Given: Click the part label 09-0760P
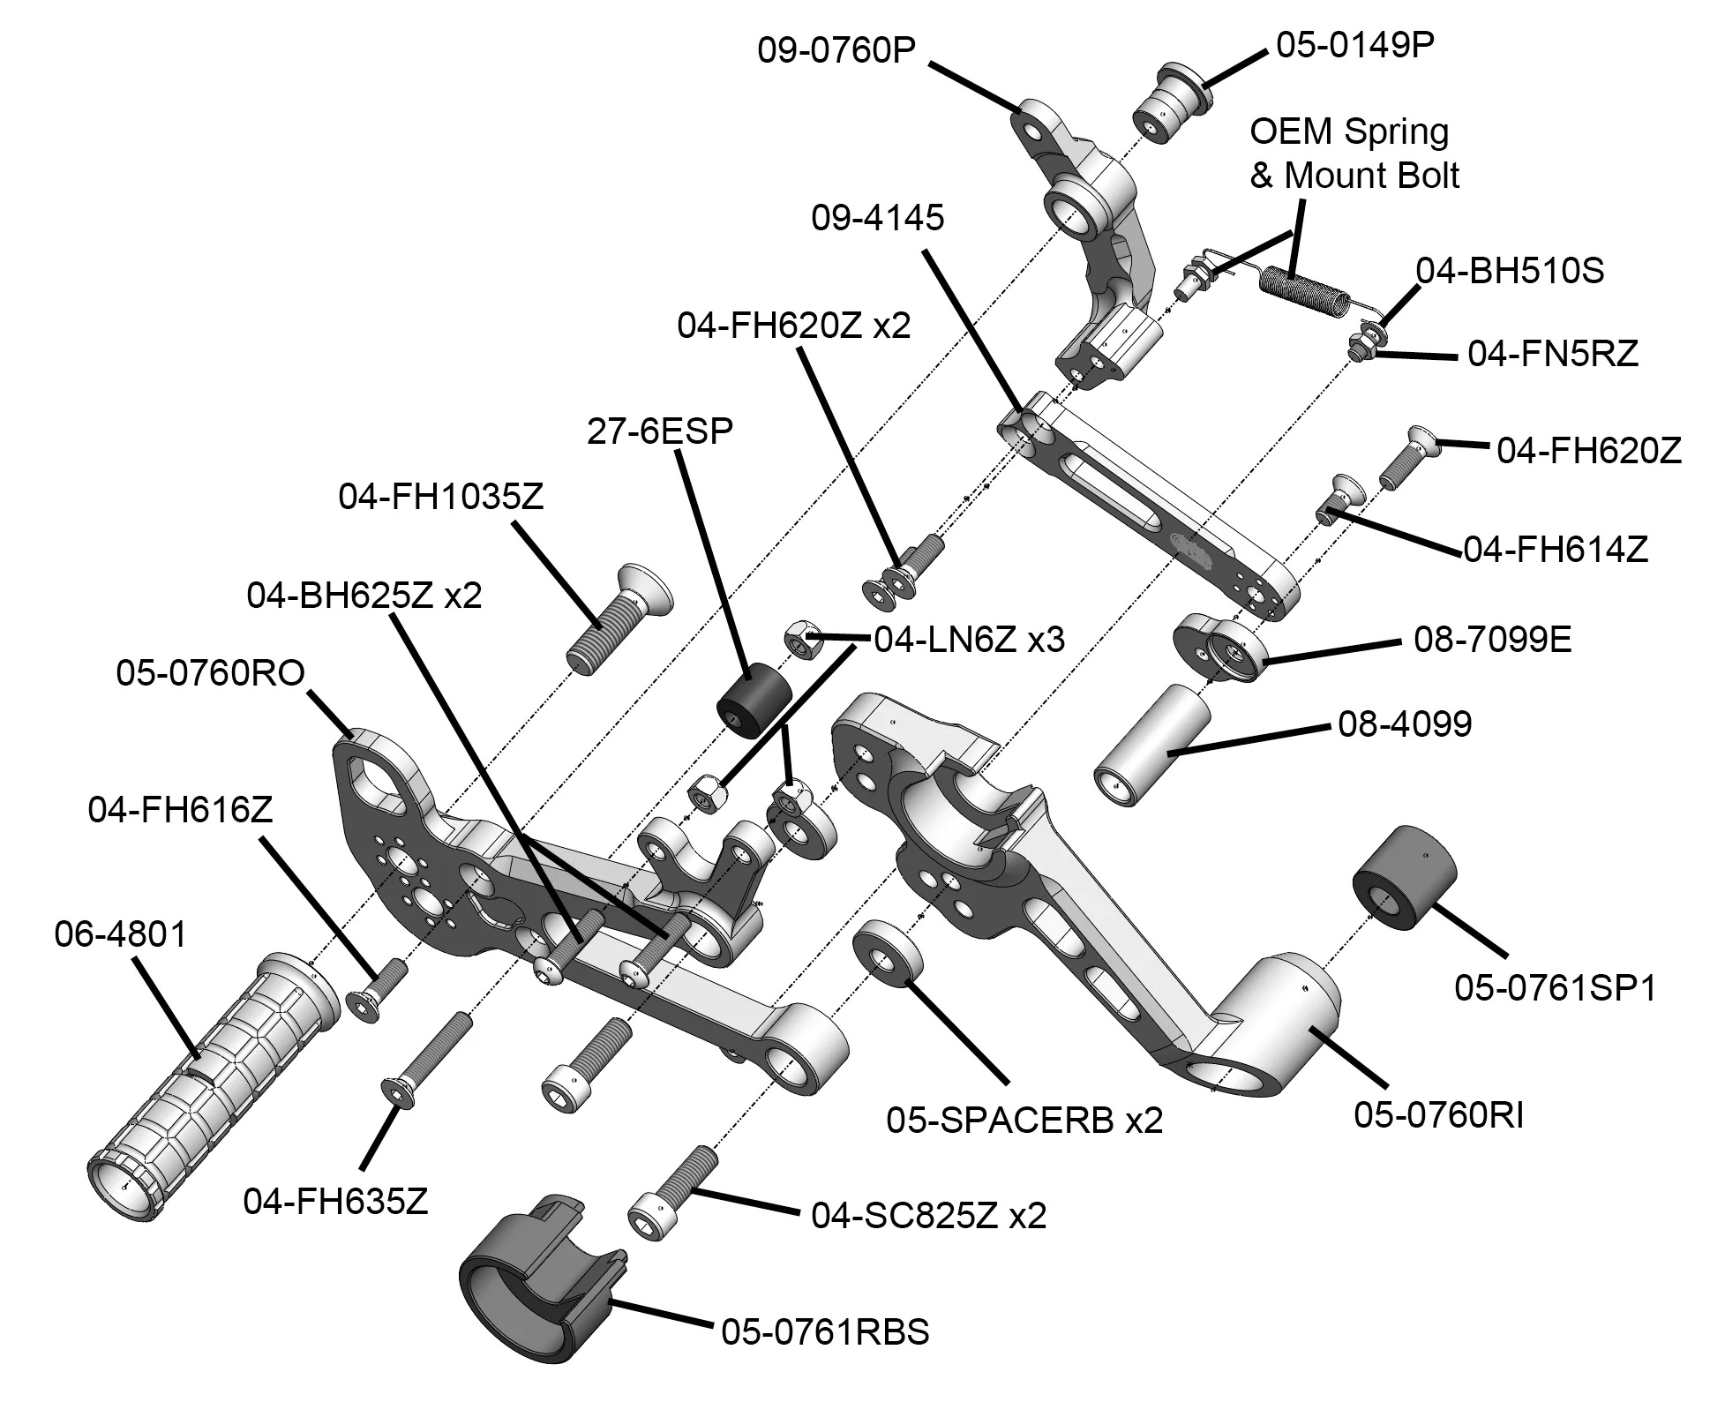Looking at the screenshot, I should point(835,50).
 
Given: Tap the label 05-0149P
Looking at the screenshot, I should point(1355,45).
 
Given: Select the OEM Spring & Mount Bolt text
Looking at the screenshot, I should point(1354,154).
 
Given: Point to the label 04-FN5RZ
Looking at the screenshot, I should point(1552,355).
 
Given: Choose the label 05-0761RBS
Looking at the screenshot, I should point(825,1331).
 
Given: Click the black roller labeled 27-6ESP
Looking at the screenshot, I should point(753,701).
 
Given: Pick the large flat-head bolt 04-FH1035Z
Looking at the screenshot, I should point(618,617).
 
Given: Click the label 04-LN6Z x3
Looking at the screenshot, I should point(969,639).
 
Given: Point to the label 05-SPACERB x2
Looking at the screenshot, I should point(1024,1121).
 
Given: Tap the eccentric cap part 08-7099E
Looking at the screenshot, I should point(1223,648).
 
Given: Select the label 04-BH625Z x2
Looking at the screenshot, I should point(364,596).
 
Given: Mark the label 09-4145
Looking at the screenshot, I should point(877,218).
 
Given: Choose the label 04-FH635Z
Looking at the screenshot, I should point(335,1201).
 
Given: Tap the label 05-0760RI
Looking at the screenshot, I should point(1438,1115).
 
